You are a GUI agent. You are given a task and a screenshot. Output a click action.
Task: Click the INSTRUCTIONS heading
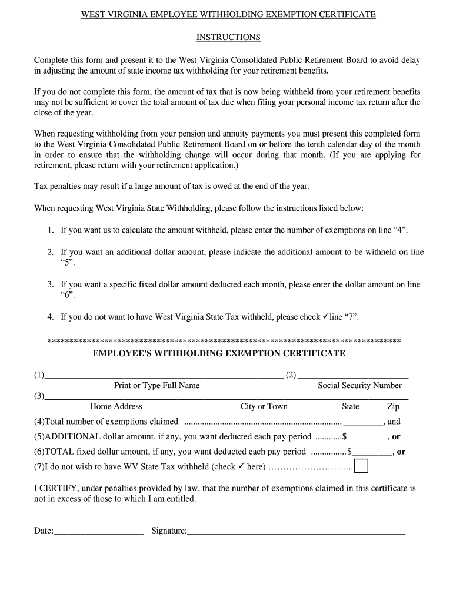tap(228, 37)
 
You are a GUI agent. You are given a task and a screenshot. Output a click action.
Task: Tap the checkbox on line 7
tap(361, 466)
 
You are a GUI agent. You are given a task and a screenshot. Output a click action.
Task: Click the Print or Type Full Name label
tap(156, 386)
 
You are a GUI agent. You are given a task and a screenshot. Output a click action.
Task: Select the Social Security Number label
tap(359, 386)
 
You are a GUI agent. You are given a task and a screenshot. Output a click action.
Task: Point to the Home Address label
tap(116, 406)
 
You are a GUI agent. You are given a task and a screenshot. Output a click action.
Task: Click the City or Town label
tap(264, 406)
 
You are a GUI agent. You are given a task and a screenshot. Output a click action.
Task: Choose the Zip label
tap(393, 406)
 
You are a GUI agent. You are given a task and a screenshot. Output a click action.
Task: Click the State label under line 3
tap(351, 406)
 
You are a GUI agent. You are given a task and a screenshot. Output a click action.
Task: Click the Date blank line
tap(99, 531)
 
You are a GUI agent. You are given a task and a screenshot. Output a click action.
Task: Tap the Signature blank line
tap(296, 531)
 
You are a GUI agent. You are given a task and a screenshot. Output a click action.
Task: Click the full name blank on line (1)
tap(164, 375)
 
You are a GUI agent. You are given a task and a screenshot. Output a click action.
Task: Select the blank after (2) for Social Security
tap(353, 375)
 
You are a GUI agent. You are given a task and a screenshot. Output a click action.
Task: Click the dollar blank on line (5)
tap(368, 437)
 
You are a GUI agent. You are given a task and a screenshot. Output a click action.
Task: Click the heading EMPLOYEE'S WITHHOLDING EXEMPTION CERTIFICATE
tap(219, 353)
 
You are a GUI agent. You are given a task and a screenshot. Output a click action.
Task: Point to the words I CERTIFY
tap(54, 488)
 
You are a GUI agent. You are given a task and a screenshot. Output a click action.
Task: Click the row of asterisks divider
tap(224, 341)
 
